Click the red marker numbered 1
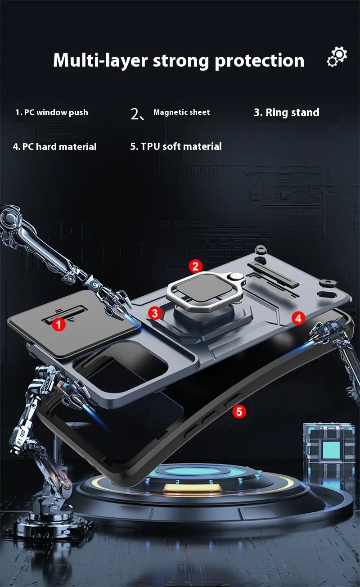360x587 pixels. coord(58,324)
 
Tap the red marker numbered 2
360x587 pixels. coord(195,266)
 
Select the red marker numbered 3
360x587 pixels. coord(155,313)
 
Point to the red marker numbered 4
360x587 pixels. coord(298,318)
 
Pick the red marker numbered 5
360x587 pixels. coord(239,411)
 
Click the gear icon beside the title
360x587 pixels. coord(337,57)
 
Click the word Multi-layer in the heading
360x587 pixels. coord(100,60)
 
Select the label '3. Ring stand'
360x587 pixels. coord(287,113)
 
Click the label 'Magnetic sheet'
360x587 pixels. coord(181,112)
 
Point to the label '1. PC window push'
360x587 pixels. coord(52,113)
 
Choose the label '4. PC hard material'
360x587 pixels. coord(55,146)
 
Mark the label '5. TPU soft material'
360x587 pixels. coord(176,146)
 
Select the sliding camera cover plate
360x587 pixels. coord(74,323)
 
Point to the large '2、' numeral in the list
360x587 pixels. coord(137,114)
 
